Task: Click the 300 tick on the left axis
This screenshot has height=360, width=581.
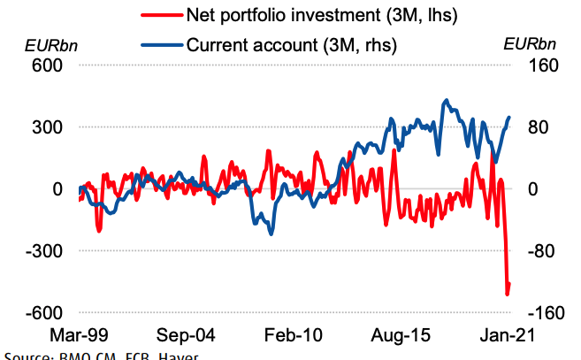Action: point(48,127)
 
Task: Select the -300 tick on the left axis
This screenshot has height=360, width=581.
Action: point(44,251)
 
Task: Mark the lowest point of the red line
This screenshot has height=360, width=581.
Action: point(508,295)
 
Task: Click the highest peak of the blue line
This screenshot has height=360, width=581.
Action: point(446,100)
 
